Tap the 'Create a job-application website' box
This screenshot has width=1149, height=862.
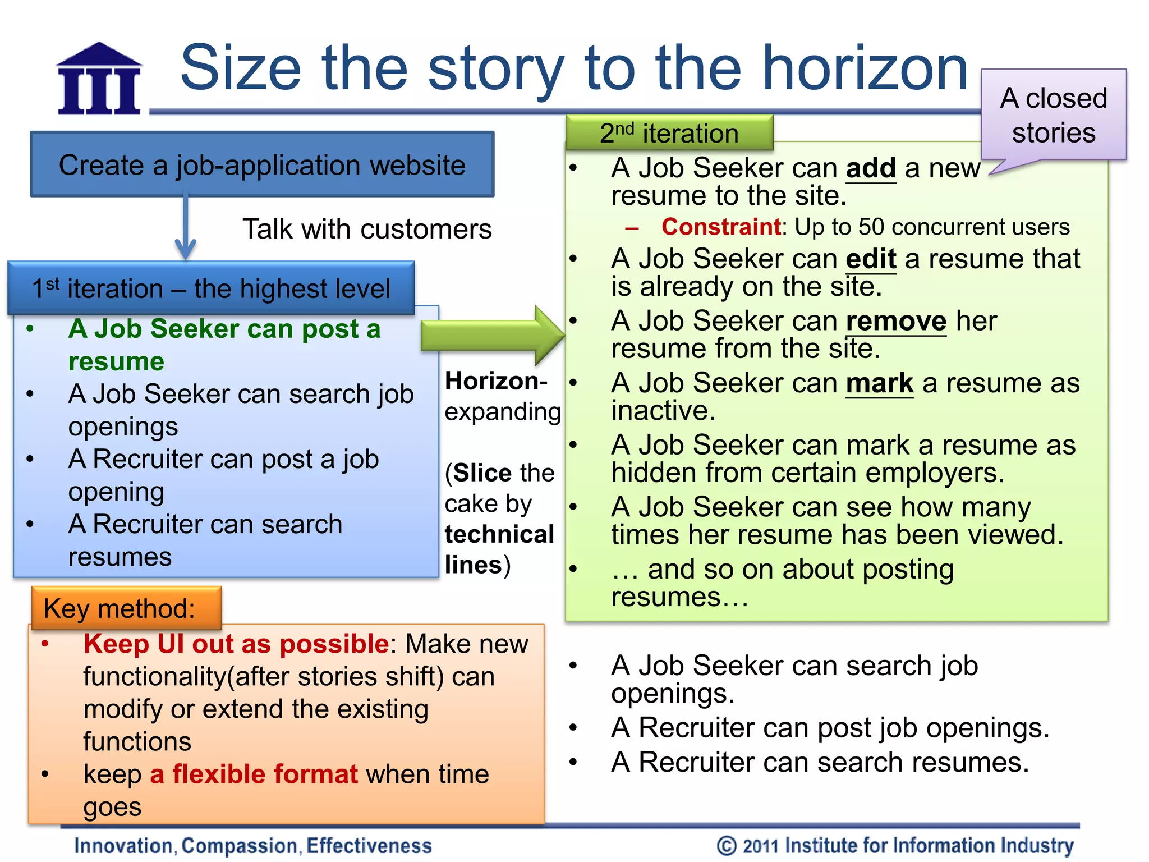tap(262, 165)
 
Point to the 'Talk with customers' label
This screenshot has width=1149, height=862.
tap(367, 229)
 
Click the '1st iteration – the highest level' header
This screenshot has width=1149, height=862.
tap(211, 288)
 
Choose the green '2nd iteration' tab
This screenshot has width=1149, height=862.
tap(669, 134)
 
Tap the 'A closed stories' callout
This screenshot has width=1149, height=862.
tap(1054, 115)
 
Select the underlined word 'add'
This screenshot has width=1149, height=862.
tap(871, 168)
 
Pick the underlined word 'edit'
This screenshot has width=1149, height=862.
tap(871, 259)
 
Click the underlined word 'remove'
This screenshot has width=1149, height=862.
tap(896, 322)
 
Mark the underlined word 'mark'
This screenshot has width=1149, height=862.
tap(879, 384)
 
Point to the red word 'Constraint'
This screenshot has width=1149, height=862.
tap(721, 227)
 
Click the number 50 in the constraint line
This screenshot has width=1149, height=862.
tap(871, 227)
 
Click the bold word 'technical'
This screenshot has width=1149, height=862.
tap(499, 534)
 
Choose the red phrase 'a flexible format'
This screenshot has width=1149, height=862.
tap(254, 774)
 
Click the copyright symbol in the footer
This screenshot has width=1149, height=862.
tap(727, 846)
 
